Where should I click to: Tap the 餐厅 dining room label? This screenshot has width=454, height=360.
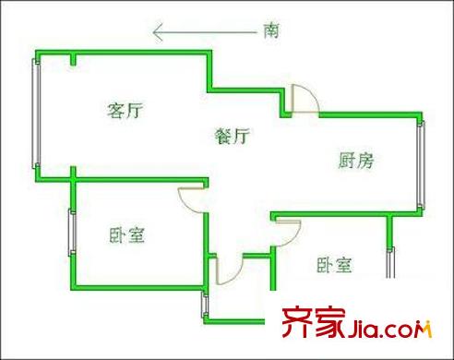233,137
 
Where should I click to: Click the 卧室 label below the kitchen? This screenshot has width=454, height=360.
334,266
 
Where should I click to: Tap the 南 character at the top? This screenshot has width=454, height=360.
271,31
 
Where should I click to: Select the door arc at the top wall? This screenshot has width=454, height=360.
302,99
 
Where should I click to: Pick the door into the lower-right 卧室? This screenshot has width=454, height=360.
287,233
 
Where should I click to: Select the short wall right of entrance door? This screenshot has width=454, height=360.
272,268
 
